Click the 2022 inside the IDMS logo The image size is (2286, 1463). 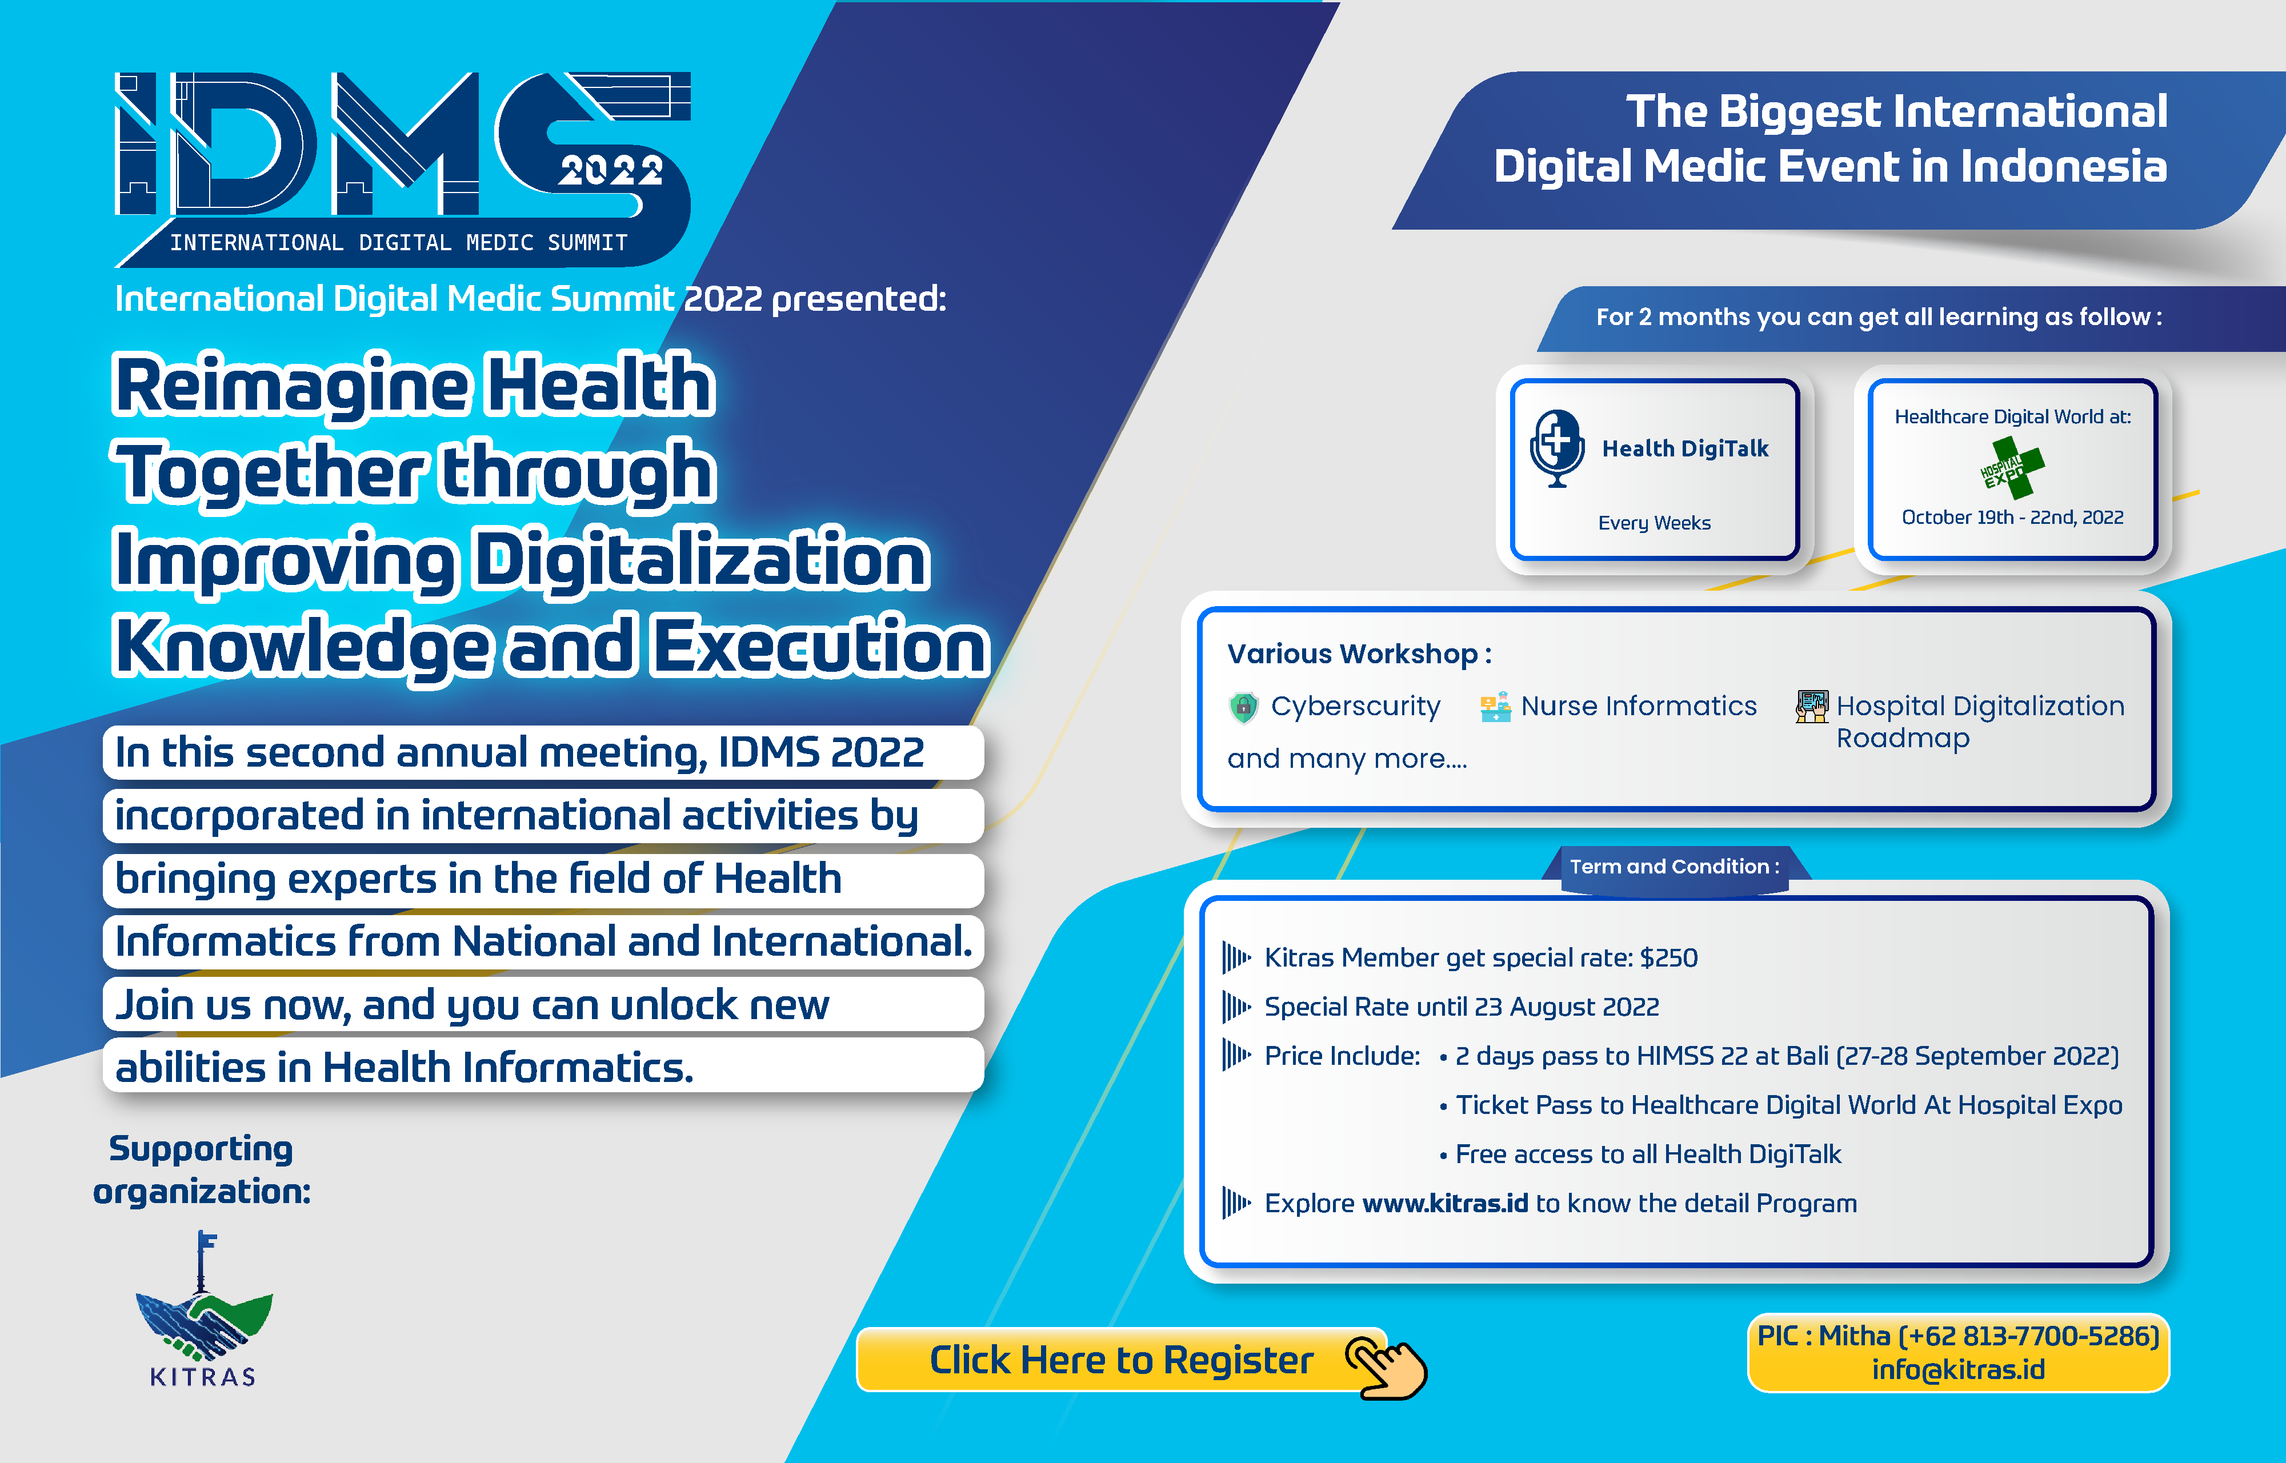pos(611,171)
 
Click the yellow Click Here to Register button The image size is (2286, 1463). pos(1121,1360)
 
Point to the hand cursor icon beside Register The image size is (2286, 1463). pos(1386,1366)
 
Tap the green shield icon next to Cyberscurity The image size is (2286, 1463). pos(1243,707)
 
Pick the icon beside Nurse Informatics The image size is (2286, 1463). pos(1495,707)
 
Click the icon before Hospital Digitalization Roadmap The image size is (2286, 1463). pos(1812,707)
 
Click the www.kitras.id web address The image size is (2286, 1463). pos(1445,1204)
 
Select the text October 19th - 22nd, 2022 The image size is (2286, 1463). pos(2012,517)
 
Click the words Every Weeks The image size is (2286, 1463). pos(1654,523)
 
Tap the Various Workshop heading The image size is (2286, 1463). pos(1359,654)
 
